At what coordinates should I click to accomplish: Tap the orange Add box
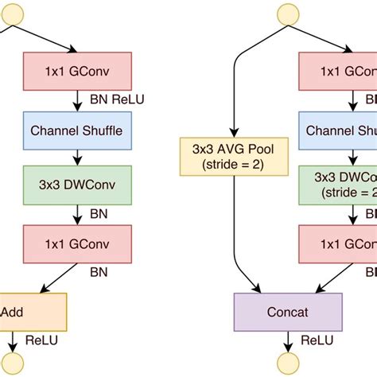point(32,311)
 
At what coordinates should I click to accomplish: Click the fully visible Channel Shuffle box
point(76,130)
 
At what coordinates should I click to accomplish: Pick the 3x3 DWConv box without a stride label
point(76,185)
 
